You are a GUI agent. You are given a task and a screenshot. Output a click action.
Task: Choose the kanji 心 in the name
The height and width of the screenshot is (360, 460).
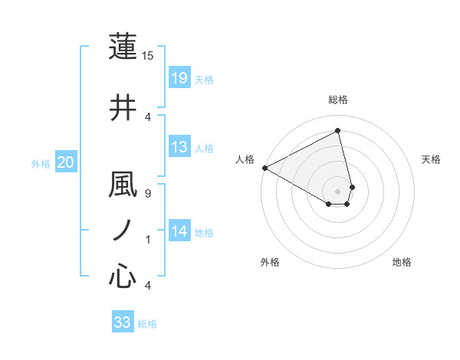[123, 276]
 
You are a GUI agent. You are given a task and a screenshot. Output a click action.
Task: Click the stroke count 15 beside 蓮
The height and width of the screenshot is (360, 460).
[148, 56]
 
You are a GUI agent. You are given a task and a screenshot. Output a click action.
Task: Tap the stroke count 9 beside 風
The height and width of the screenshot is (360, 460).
[147, 193]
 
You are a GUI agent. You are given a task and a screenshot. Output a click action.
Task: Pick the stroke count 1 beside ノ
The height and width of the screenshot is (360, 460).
[147, 240]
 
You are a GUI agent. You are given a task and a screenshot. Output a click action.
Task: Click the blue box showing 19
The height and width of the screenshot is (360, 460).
[179, 78]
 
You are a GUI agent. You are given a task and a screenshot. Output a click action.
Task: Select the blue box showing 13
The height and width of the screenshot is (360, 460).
[179, 147]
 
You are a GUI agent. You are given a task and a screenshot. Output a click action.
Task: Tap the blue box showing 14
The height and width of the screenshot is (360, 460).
[179, 231]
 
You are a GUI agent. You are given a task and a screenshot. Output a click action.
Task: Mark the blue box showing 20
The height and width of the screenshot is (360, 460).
[65, 162]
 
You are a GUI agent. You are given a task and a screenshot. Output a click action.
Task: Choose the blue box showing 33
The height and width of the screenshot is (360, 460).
[123, 322]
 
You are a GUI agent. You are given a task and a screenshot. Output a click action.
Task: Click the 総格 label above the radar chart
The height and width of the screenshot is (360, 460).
[338, 100]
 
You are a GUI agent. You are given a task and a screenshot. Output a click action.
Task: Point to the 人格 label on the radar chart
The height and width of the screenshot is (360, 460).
[245, 159]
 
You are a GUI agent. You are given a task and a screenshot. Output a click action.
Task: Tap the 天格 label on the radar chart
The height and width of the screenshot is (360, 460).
[432, 159]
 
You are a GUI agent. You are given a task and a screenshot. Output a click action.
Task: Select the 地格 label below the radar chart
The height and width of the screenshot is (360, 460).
[402, 262]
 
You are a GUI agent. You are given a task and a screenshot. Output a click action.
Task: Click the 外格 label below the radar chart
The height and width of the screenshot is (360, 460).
[270, 262]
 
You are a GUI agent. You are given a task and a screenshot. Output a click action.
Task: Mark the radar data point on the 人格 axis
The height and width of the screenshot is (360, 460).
[264, 168]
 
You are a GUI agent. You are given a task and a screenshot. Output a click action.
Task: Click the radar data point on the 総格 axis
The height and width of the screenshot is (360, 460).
[338, 130]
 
